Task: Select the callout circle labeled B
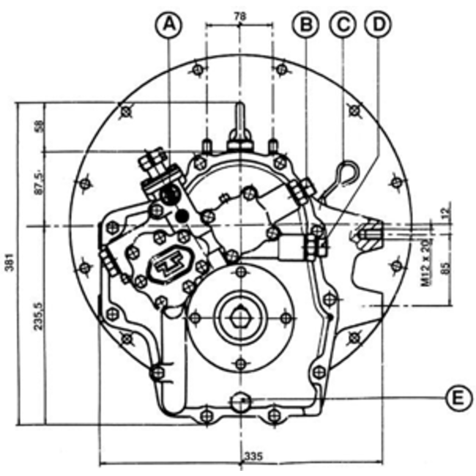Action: pos(305,26)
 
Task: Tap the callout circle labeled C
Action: pos(341,26)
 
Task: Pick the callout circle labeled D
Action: pos(377,26)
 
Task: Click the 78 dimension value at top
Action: pos(239,15)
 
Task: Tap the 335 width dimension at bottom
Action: pos(253,456)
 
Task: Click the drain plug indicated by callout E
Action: pos(239,401)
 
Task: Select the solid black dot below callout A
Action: pos(182,215)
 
